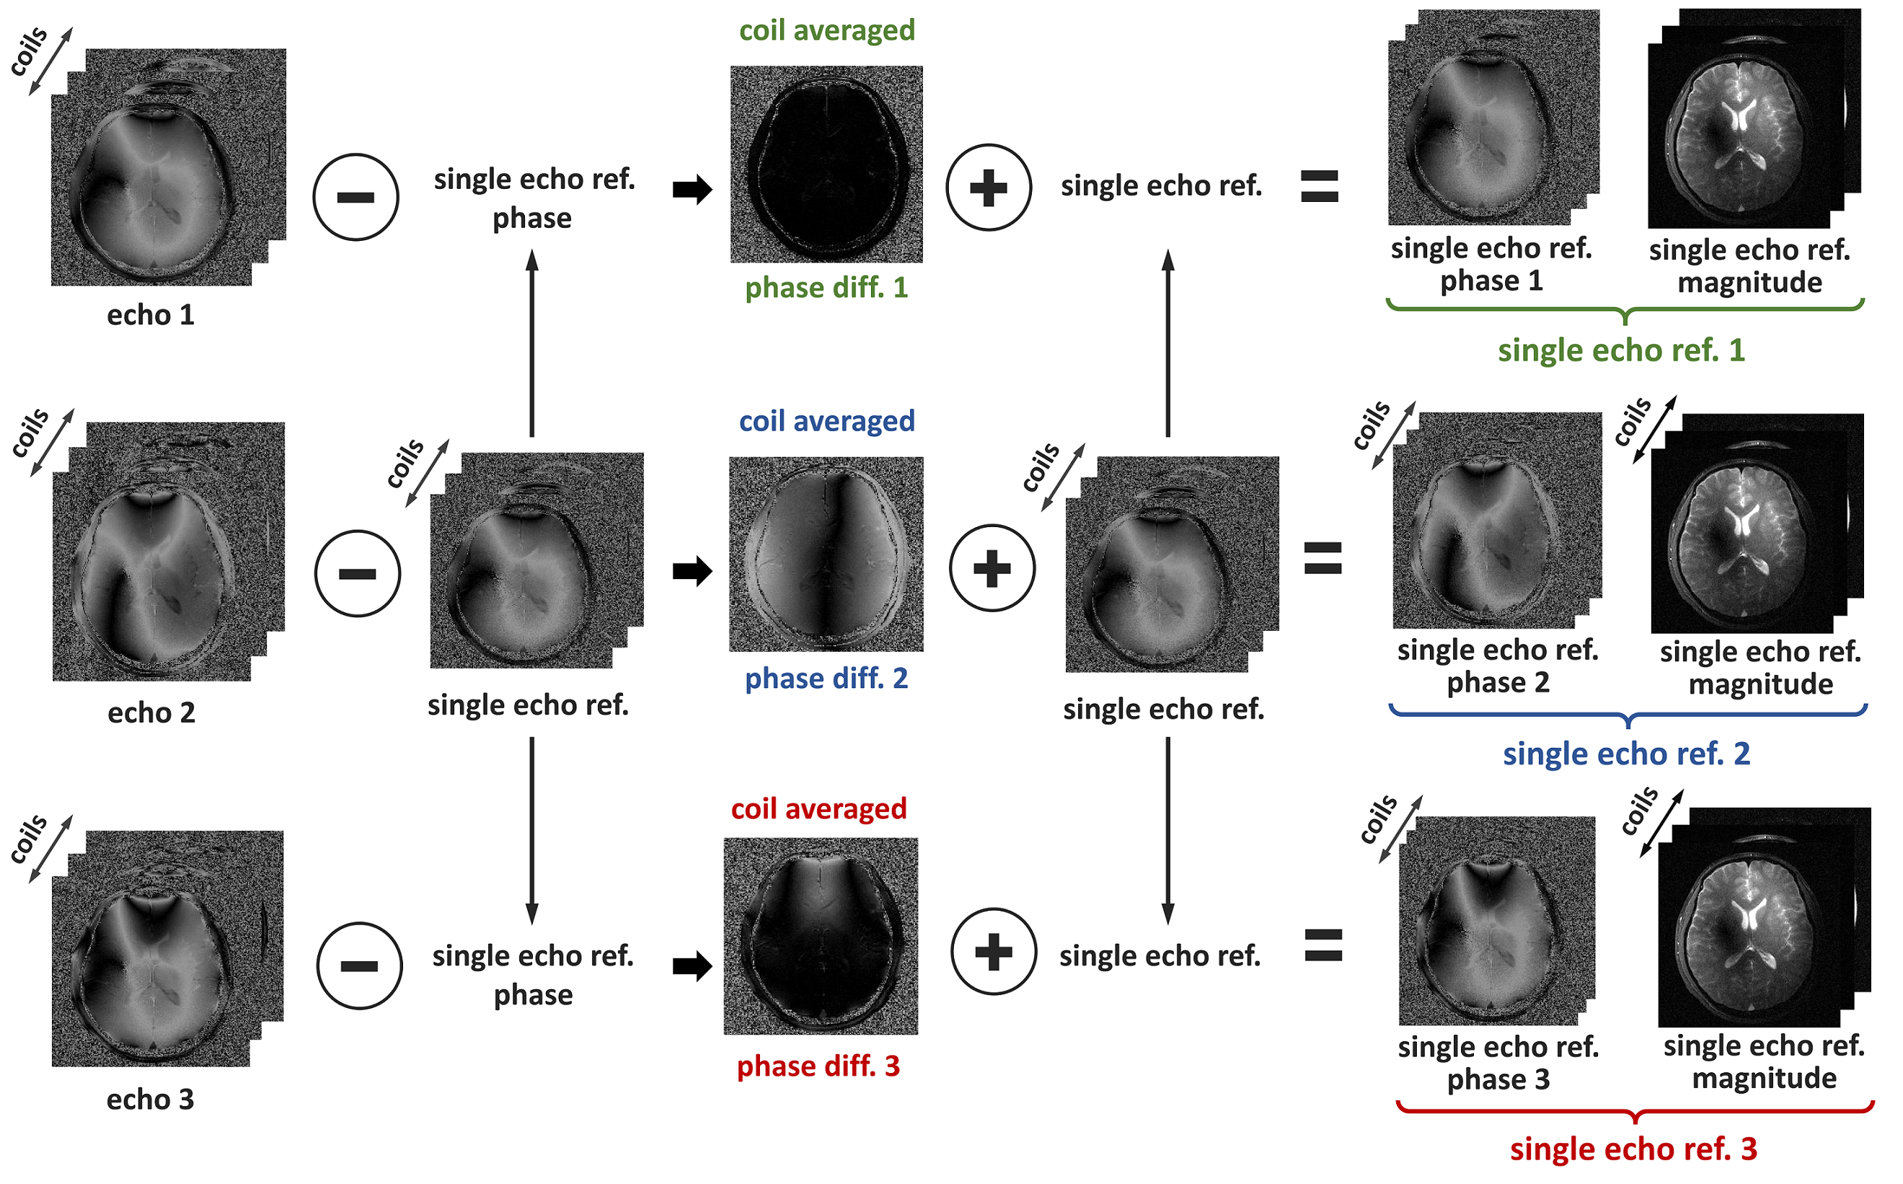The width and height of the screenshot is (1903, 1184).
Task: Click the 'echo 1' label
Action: pyautogui.click(x=151, y=315)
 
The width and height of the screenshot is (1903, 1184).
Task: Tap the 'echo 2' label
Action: pyautogui.click(x=151, y=712)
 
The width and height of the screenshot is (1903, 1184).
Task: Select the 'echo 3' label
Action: pyautogui.click(x=151, y=1100)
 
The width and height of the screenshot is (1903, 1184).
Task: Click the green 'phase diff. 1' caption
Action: pyautogui.click(x=826, y=288)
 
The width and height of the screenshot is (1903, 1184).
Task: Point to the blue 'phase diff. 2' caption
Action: pyautogui.click(x=826, y=678)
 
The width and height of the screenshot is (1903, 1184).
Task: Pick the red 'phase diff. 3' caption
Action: pyautogui.click(x=818, y=1066)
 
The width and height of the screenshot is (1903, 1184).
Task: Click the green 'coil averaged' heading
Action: pyautogui.click(x=827, y=30)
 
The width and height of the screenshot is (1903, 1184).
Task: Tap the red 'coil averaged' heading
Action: pyautogui.click(x=818, y=808)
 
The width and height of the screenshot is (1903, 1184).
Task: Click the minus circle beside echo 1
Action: pyautogui.click(x=356, y=198)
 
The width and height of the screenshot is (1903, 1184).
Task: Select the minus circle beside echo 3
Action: pyautogui.click(x=359, y=966)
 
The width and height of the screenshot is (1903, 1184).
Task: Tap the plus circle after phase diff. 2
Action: pyautogui.click(x=992, y=567)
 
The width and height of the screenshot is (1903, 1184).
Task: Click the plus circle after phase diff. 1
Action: pyautogui.click(x=989, y=188)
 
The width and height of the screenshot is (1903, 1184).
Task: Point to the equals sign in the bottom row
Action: pyautogui.click(x=1323, y=945)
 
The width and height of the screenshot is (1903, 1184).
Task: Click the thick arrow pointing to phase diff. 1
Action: pyautogui.click(x=692, y=189)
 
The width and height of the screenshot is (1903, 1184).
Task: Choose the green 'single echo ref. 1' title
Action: pyautogui.click(x=1621, y=350)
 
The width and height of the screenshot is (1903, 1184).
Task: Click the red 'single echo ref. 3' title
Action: pyautogui.click(x=1633, y=1149)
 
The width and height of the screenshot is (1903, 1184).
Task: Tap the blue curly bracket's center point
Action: pyautogui.click(x=1628, y=719)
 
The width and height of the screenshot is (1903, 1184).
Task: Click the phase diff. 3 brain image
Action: pyautogui.click(x=821, y=936)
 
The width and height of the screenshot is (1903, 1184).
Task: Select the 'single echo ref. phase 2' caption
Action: pyautogui.click(x=1497, y=666)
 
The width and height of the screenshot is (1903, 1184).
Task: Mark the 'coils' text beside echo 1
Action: pyautogui.click(x=29, y=52)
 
